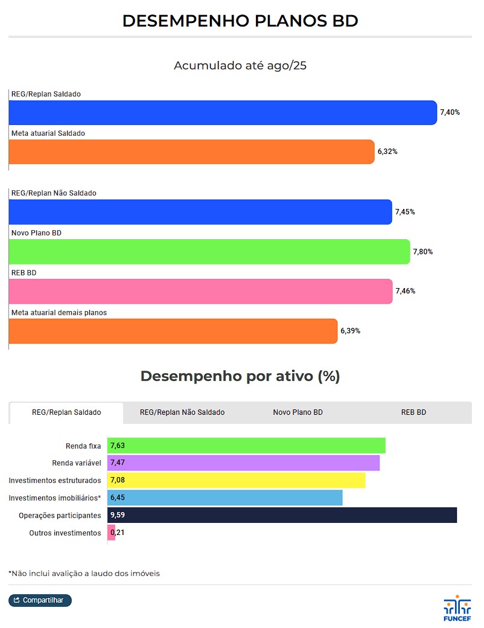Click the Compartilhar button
point(40,600)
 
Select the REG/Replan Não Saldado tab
point(182,412)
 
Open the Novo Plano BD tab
point(298,412)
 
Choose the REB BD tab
point(413,412)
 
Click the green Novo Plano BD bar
point(209,252)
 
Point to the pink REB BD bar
point(200,291)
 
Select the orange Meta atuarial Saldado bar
point(191,152)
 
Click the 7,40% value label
point(450,112)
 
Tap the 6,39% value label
point(350,331)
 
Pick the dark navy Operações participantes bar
point(282,515)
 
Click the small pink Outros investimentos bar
point(111,533)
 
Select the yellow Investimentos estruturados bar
point(236,481)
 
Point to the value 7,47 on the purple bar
point(118,463)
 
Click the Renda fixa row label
point(83,446)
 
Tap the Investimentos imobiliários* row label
point(55,498)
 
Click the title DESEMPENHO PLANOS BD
point(240,21)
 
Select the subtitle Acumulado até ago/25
point(240,65)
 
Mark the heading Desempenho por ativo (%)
point(240,376)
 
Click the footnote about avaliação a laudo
point(84,573)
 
